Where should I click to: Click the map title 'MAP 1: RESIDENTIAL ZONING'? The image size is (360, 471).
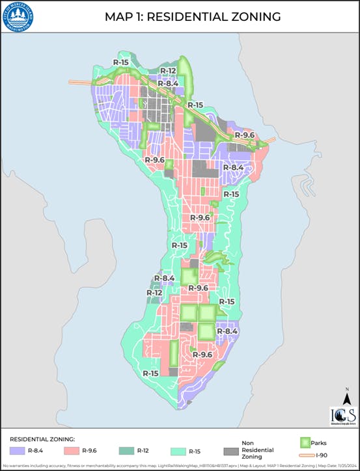(193, 17)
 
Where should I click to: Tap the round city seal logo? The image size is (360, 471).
(18, 17)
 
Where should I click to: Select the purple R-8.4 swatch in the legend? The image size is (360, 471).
(16, 450)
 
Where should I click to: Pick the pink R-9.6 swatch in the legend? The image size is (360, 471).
(72, 450)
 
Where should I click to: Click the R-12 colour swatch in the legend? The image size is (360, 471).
(126, 450)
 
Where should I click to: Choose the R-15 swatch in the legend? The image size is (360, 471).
(177, 450)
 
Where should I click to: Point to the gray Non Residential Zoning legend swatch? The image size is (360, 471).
(230, 450)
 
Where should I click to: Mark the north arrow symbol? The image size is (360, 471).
(348, 396)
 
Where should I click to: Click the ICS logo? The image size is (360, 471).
(342, 417)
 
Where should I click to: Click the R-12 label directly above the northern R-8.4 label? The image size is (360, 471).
(168, 71)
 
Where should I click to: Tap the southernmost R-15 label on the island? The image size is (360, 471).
(151, 373)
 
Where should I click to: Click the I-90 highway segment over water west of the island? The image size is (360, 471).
(81, 83)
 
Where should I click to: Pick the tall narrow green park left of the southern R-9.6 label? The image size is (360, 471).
(174, 353)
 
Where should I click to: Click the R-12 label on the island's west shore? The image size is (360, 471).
(154, 293)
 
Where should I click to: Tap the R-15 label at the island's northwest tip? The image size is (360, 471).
(120, 62)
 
